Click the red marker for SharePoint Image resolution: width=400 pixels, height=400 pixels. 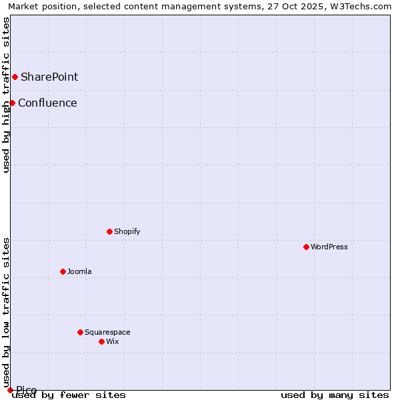pos(15,77)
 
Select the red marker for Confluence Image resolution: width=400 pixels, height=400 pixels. pos(12,103)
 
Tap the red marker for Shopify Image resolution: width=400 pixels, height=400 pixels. pos(110,231)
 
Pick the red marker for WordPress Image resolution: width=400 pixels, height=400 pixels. pos(306,247)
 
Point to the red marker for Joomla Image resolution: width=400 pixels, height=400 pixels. pos(63,271)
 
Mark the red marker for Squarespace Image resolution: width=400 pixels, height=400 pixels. pos(80,332)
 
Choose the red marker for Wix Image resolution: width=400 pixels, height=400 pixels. pos(101,341)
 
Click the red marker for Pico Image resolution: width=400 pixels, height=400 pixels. pos(10,390)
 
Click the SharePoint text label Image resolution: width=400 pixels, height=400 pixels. pos(49,77)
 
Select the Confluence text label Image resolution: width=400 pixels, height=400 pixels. pos(47,103)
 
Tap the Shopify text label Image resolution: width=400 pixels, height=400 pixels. pos(127,231)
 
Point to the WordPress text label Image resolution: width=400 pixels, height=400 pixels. pos(329,247)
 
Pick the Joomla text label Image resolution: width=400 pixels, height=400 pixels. pos(79,271)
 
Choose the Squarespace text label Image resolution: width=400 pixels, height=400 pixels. pos(107,332)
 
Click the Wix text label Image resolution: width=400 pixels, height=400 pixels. pos(112,341)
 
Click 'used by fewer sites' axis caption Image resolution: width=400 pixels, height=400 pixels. pos(69,395)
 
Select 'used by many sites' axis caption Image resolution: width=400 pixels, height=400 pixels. pos(335,395)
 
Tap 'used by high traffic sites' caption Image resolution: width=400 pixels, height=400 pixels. pos(6,95)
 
